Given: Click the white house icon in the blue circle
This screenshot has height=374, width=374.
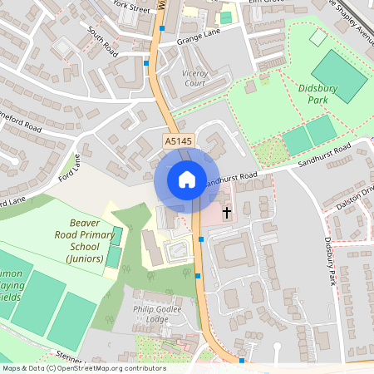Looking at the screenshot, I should point(186,179).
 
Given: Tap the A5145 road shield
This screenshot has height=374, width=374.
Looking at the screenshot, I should point(178,143).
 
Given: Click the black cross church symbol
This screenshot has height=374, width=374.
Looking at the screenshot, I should point(227,212).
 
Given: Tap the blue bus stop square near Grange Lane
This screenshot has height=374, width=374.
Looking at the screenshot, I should point(162,28).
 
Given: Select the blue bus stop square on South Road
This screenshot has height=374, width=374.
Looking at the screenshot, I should point(146,62).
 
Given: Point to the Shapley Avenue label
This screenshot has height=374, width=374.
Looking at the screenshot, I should point(348,18).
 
